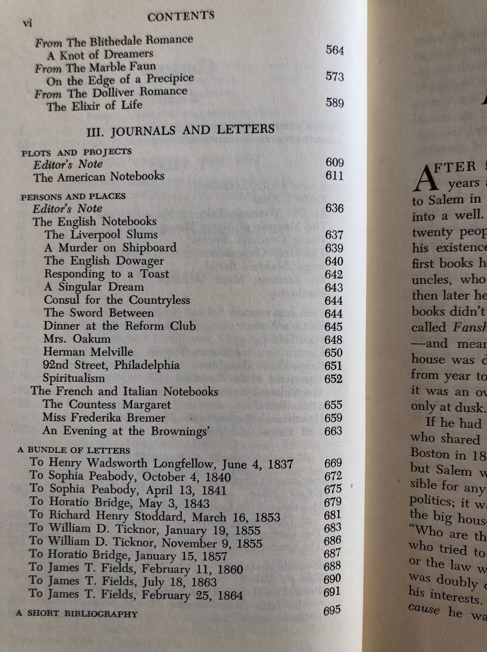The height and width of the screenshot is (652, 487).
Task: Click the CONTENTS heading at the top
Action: [181, 17]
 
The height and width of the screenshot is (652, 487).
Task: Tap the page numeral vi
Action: [26, 23]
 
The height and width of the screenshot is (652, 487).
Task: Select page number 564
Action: [335, 50]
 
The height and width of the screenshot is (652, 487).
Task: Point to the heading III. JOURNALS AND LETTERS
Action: [181, 130]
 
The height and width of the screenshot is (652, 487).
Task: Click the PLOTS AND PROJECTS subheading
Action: [76, 152]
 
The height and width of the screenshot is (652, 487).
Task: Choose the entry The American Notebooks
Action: [99, 177]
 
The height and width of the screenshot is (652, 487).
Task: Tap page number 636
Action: [334, 208]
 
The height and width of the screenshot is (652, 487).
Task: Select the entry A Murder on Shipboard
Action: [110, 248]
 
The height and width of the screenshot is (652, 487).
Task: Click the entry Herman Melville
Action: [88, 352]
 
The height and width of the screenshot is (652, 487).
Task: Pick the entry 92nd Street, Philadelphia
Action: [111, 365]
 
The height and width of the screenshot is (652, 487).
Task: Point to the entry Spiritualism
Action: [74, 378]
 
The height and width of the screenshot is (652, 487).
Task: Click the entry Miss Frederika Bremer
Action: [104, 418]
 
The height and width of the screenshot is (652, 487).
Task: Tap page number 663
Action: [334, 431]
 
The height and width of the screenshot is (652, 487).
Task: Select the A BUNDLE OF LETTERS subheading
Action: [73, 450]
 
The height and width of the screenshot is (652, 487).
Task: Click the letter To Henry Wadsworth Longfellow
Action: [161, 464]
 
